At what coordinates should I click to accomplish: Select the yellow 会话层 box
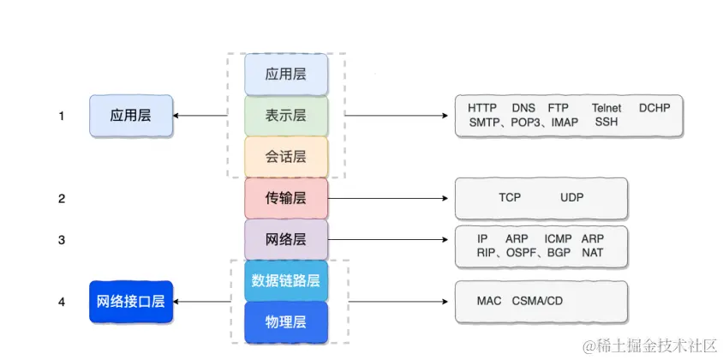pyautogui.click(x=286, y=157)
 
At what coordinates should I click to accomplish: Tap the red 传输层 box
pyautogui.click(x=286, y=198)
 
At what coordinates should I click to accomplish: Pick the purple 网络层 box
pyautogui.click(x=286, y=239)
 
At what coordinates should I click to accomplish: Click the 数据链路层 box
pyautogui.click(x=286, y=280)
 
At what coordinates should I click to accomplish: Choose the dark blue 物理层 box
pyautogui.click(x=286, y=321)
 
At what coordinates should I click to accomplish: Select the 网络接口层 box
pyautogui.click(x=130, y=302)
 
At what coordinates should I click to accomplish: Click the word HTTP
pyautogui.click(x=484, y=108)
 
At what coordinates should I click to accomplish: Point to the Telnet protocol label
pyautogui.click(x=606, y=108)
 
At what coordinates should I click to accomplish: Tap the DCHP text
pyautogui.click(x=654, y=108)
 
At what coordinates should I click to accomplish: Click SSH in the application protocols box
pyautogui.click(x=606, y=123)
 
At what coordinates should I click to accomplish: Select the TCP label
pyautogui.click(x=510, y=198)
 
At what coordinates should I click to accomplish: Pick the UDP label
pyautogui.click(x=572, y=198)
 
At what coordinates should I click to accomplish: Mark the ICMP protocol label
pyautogui.click(x=559, y=238)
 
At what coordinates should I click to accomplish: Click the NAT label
pyautogui.click(x=592, y=253)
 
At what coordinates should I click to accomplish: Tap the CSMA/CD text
pyautogui.click(x=537, y=302)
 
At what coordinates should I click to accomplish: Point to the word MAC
pyautogui.click(x=489, y=302)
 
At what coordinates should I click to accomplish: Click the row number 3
pyautogui.click(x=62, y=240)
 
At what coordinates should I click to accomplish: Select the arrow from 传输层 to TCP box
pyautogui.click(x=389, y=198)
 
